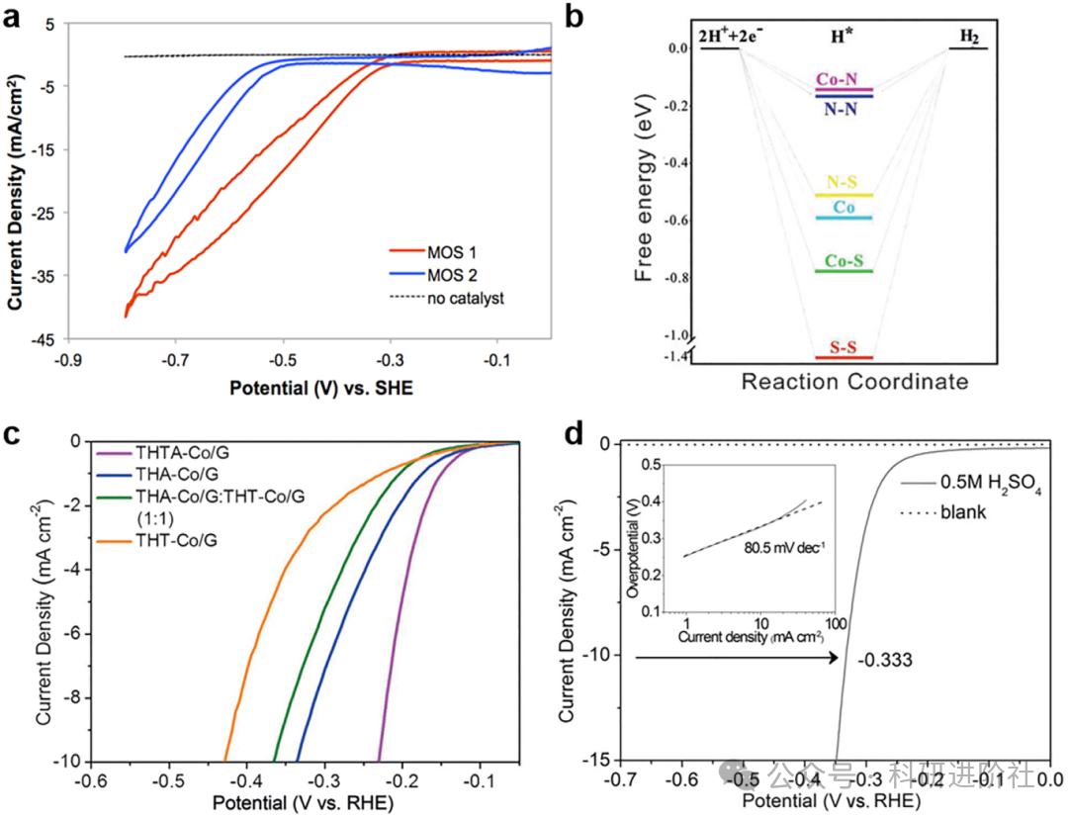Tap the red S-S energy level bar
coord(844,356)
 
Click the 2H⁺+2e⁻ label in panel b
coord(731,37)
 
